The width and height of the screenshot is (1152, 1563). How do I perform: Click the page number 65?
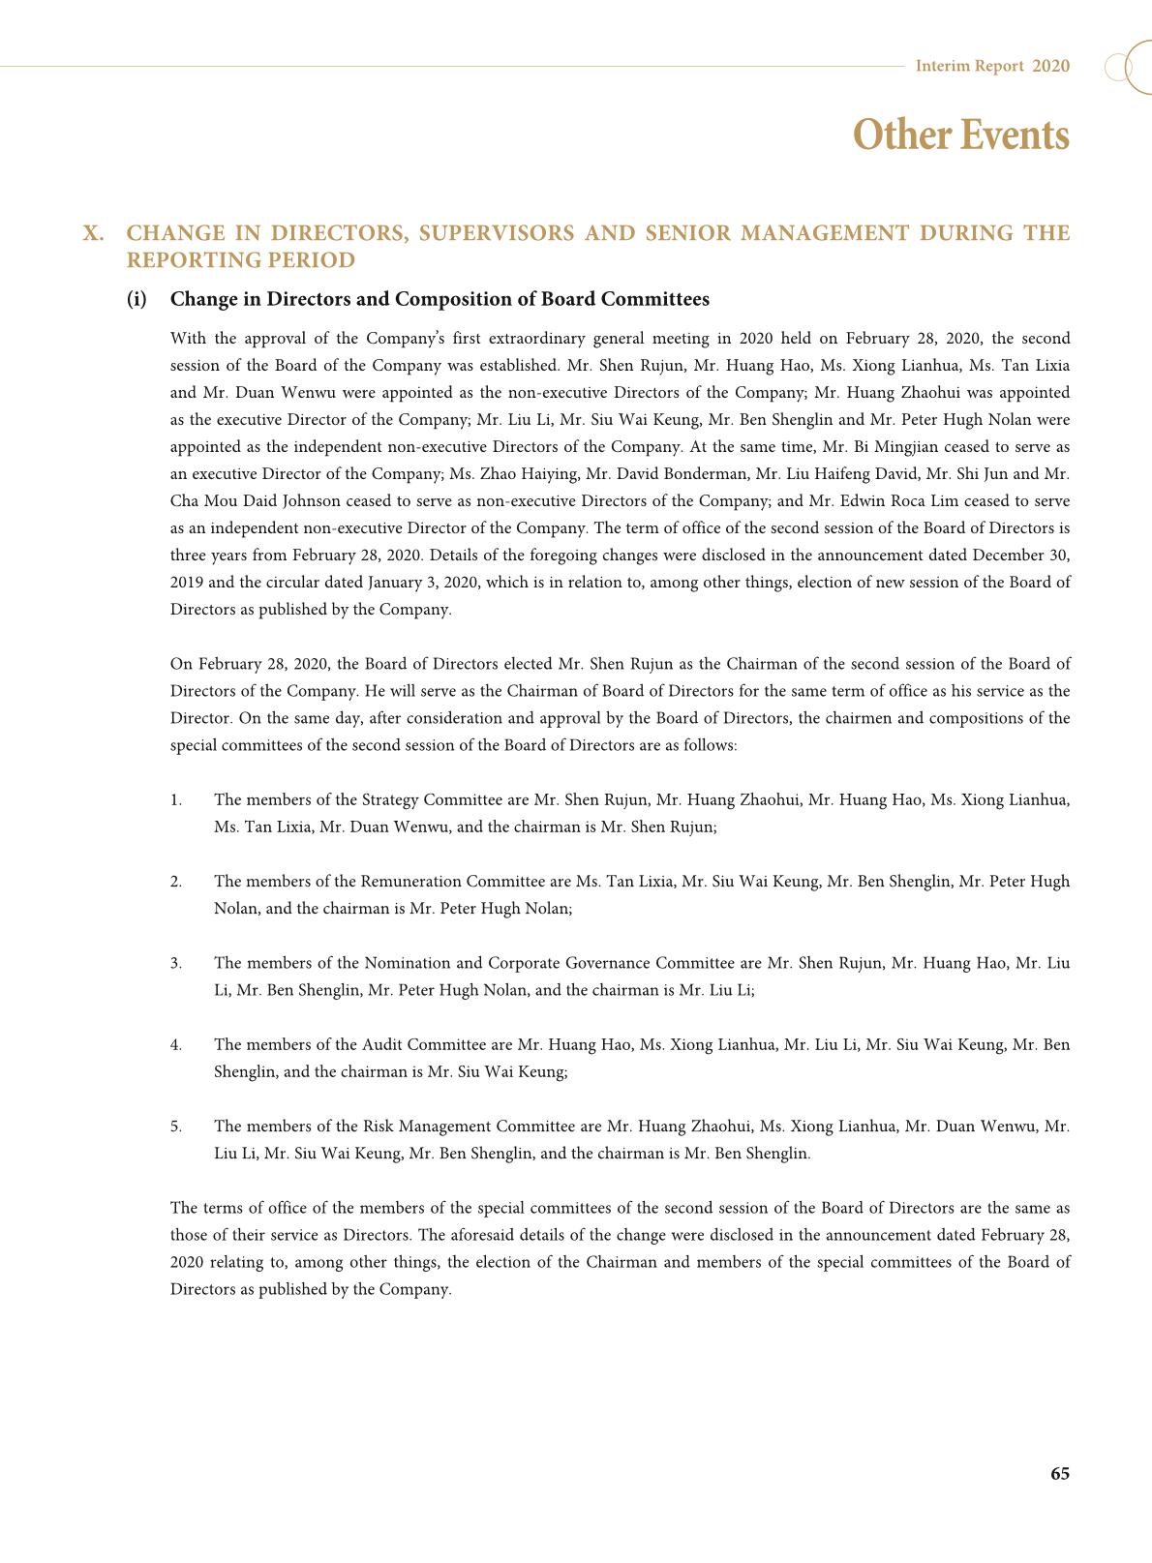pos(1059,1473)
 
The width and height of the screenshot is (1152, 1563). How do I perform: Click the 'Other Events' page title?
pos(960,135)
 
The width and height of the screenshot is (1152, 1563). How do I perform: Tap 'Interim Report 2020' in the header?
pos(992,66)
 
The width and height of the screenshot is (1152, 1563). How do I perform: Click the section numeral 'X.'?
pos(94,233)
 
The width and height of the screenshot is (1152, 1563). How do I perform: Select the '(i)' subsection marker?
pos(136,299)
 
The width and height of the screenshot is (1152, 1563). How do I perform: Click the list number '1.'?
pos(176,800)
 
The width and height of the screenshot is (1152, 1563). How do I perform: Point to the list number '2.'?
pos(176,882)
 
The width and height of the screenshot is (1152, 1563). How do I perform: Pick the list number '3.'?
pos(176,963)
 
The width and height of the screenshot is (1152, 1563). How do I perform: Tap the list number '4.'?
pos(176,1045)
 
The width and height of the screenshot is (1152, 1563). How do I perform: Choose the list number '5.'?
pos(176,1127)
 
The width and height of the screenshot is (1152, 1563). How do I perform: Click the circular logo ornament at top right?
pos(1129,67)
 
